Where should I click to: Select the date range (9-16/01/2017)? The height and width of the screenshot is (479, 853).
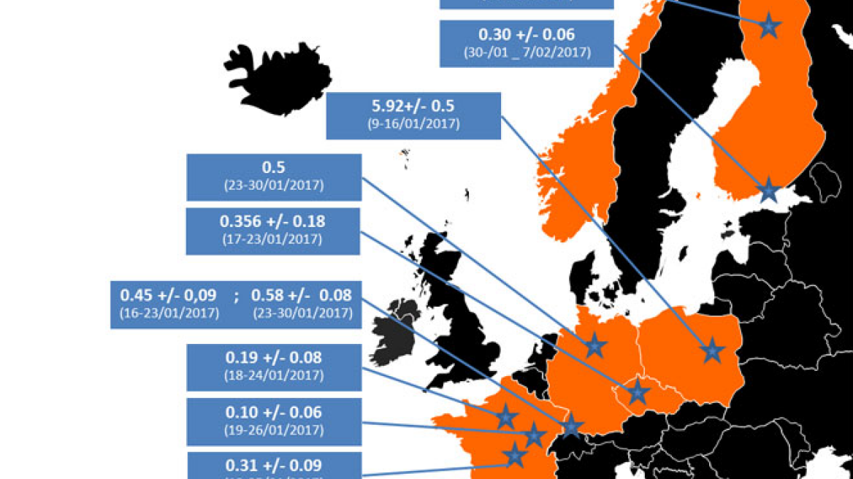413,124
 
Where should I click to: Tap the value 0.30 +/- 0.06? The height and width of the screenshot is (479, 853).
527,34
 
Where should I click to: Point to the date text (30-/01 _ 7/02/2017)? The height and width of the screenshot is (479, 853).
527,53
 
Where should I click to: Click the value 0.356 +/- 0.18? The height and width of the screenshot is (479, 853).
274,222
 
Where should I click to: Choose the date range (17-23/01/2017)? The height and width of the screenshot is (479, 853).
274,239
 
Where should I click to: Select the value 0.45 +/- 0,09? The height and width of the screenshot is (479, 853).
168,296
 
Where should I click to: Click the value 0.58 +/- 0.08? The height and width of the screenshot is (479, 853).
301,296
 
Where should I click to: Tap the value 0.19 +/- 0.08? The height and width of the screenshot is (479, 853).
274,358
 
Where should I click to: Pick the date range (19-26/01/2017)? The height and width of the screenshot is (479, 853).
274,431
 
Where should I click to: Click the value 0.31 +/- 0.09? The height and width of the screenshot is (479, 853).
274,465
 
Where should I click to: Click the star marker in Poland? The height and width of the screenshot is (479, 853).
711,352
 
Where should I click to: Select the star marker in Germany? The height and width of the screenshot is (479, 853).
595,345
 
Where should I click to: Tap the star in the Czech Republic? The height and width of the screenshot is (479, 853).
638,392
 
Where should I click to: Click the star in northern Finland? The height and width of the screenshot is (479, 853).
768,26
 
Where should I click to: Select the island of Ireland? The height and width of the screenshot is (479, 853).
391,336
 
